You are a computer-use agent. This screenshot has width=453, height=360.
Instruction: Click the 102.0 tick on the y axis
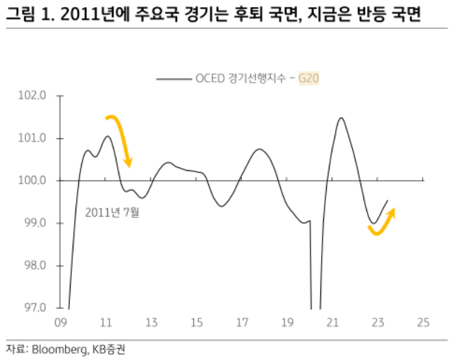[35, 95]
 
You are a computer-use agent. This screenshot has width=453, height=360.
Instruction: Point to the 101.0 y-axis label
[35, 138]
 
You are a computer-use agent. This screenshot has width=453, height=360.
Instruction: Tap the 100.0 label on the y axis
[35, 181]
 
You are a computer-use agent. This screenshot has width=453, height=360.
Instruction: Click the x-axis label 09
[61, 323]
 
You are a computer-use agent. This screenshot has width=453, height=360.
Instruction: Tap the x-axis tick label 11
[106, 323]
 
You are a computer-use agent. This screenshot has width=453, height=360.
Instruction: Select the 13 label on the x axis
[151, 323]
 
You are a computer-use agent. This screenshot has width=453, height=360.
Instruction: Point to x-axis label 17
[241, 323]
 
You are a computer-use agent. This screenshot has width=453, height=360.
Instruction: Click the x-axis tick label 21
[332, 323]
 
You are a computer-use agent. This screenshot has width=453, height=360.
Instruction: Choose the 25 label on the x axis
[423, 323]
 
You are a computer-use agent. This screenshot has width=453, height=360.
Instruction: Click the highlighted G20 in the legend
[308, 79]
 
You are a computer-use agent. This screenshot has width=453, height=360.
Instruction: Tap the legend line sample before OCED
[173, 79]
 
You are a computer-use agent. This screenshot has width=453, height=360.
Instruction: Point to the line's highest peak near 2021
[341, 118]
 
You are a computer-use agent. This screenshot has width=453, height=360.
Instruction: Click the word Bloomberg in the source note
[55, 349]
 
